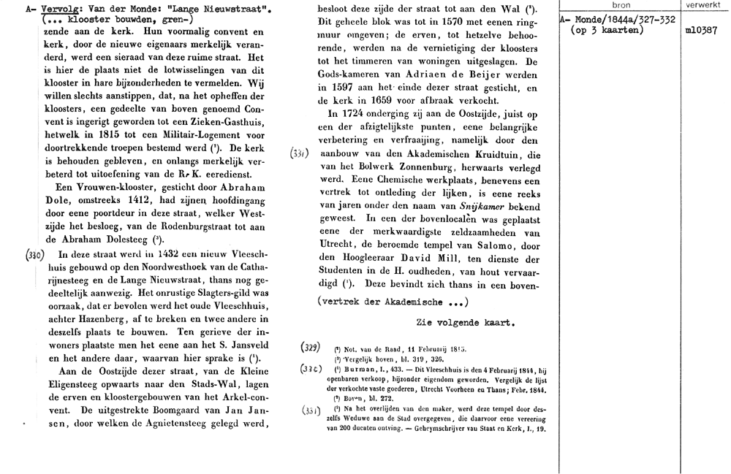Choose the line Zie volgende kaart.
tap(466, 321)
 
